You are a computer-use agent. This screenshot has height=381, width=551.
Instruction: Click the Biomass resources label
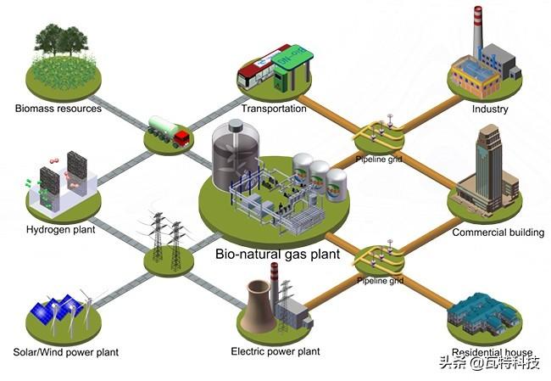tap(58, 109)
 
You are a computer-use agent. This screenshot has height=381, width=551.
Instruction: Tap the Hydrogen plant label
tap(61, 230)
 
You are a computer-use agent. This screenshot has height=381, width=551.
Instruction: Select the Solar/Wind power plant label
tap(66, 352)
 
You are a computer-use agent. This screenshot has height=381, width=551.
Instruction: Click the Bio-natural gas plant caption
tap(277, 254)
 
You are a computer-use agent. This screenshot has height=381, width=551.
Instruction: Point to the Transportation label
tap(274, 109)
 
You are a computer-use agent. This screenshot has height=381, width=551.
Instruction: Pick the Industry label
tap(490, 109)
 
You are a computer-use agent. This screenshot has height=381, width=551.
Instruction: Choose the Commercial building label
tap(498, 233)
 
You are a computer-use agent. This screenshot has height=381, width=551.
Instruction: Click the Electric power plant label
tap(275, 351)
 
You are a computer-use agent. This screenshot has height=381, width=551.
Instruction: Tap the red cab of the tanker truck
tap(182, 137)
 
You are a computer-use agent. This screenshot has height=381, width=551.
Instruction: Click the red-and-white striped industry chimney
tap(477, 31)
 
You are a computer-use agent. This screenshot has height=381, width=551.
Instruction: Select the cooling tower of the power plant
tap(260, 305)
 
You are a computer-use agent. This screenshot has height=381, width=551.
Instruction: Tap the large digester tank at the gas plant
tap(236, 154)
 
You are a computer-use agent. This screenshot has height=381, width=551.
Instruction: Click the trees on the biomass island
tap(61, 40)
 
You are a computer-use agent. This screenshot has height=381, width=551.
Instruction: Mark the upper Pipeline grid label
tap(378, 160)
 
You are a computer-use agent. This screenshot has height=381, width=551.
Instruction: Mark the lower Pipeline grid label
tap(381, 280)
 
